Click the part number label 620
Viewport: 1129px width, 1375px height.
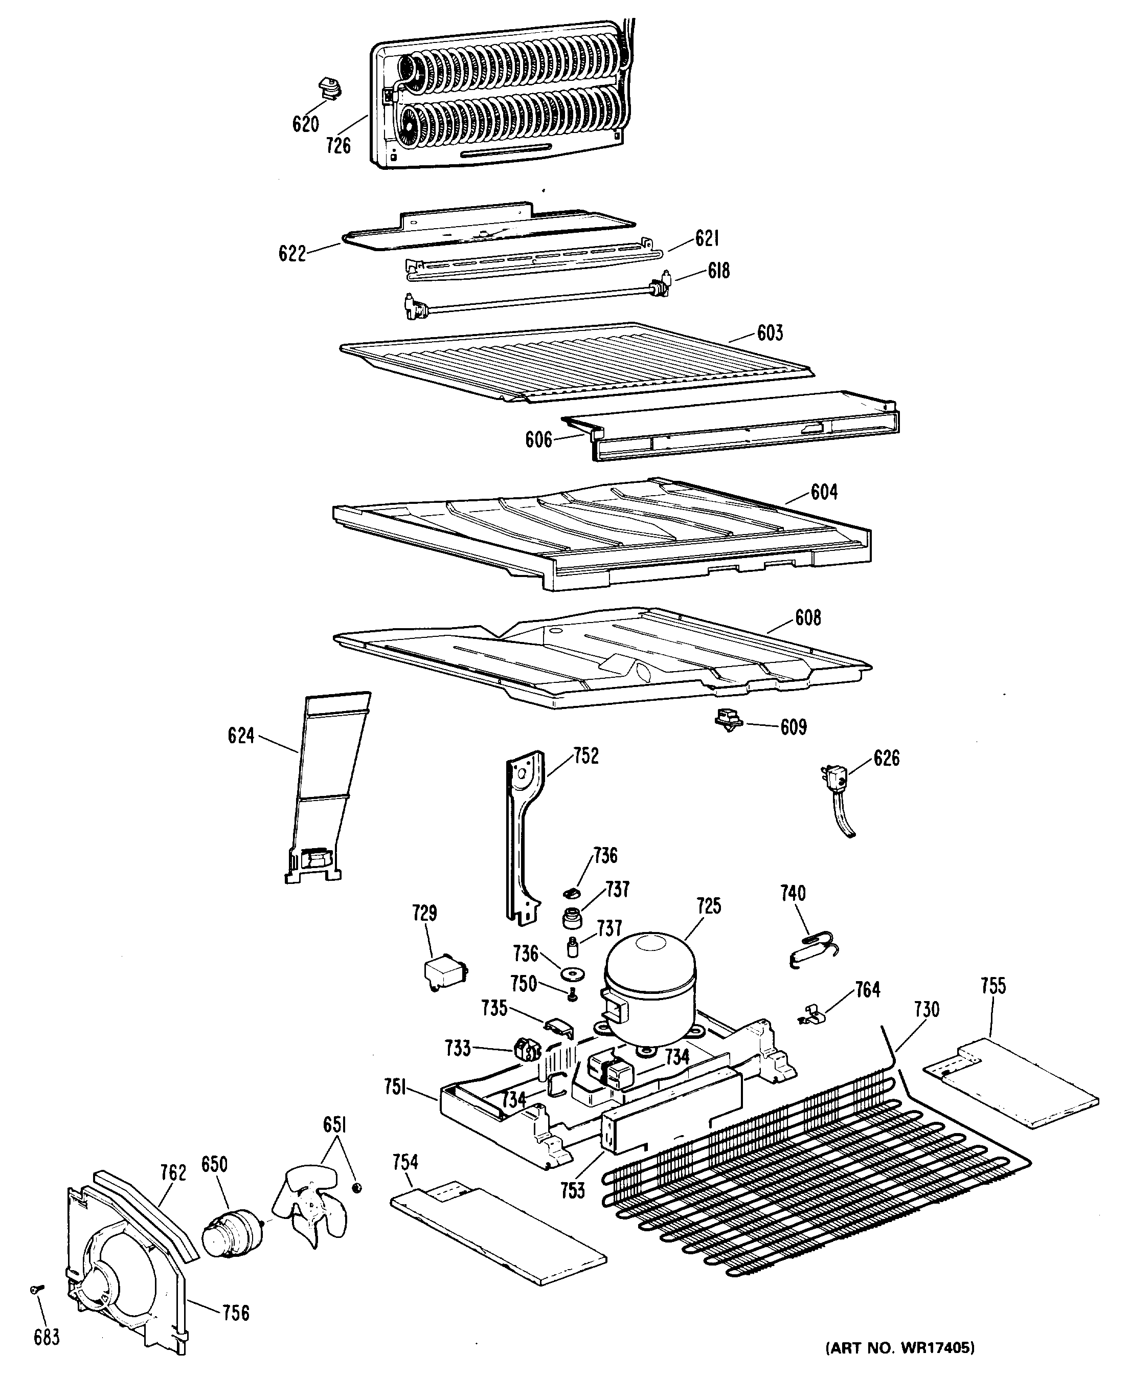pyautogui.click(x=305, y=124)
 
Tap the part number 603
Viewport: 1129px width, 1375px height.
pyautogui.click(x=770, y=333)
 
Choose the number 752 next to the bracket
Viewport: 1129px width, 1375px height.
pyautogui.click(x=586, y=756)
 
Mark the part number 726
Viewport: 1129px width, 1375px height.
pyautogui.click(x=338, y=146)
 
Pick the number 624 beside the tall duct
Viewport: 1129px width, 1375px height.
pyautogui.click(x=241, y=736)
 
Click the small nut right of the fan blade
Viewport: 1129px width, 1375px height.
pyautogui.click(x=356, y=1188)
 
